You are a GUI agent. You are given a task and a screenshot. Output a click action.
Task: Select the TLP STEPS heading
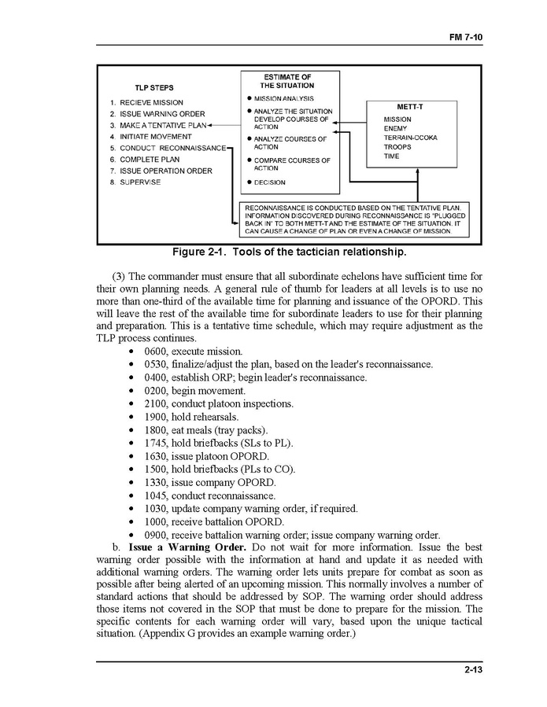(x=153, y=87)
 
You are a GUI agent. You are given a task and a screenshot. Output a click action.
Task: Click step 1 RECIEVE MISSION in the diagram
(x=146, y=102)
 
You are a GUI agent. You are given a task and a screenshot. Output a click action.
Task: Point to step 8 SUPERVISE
(x=135, y=182)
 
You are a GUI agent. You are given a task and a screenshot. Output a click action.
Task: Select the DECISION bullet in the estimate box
(x=269, y=182)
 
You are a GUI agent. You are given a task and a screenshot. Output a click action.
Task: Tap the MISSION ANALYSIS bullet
(x=284, y=98)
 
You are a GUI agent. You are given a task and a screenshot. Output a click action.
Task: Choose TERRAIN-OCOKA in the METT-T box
(x=410, y=138)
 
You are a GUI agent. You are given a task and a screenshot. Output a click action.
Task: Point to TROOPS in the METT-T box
(x=397, y=147)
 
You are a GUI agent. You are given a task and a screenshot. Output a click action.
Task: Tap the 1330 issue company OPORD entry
(x=210, y=482)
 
